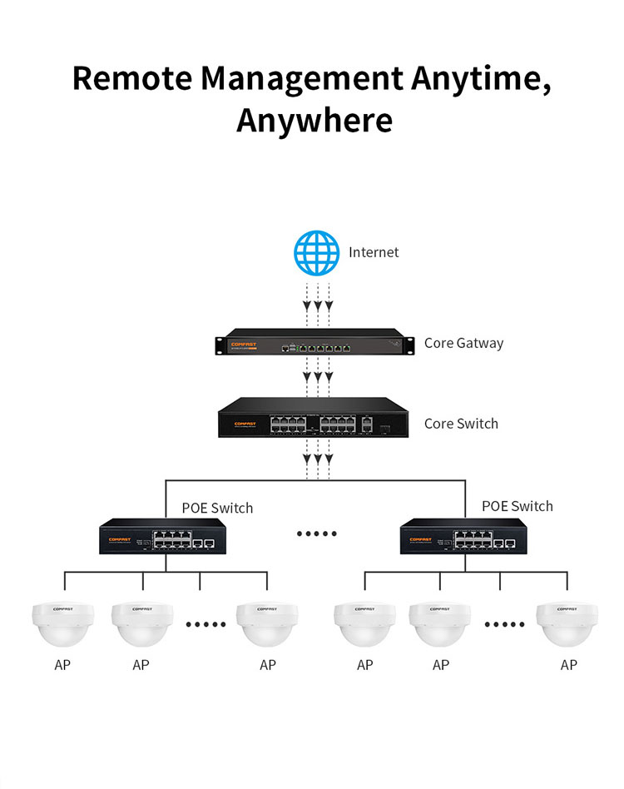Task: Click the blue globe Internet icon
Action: [x=317, y=253]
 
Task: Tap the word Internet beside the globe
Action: [x=374, y=252]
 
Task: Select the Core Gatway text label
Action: [x=463, y=343]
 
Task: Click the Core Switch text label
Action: [x=461, y=424]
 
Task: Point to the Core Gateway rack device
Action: [x=310, y=345]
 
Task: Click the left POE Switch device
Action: [x=162, y=537]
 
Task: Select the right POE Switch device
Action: [x=463, y=537]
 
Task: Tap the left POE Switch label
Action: [x=217, y=508]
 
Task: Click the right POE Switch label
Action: [x=518, y=506]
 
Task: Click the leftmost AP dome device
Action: [x=62, y=624]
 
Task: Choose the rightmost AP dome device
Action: [x=567, y=624]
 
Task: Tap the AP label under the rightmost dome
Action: [x=569, y=665]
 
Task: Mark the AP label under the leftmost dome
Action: [x=62, y=665]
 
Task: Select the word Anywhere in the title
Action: [x=314, y=120]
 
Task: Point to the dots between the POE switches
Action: [x=317, y=533]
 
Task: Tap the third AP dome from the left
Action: [x=267, y=624]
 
